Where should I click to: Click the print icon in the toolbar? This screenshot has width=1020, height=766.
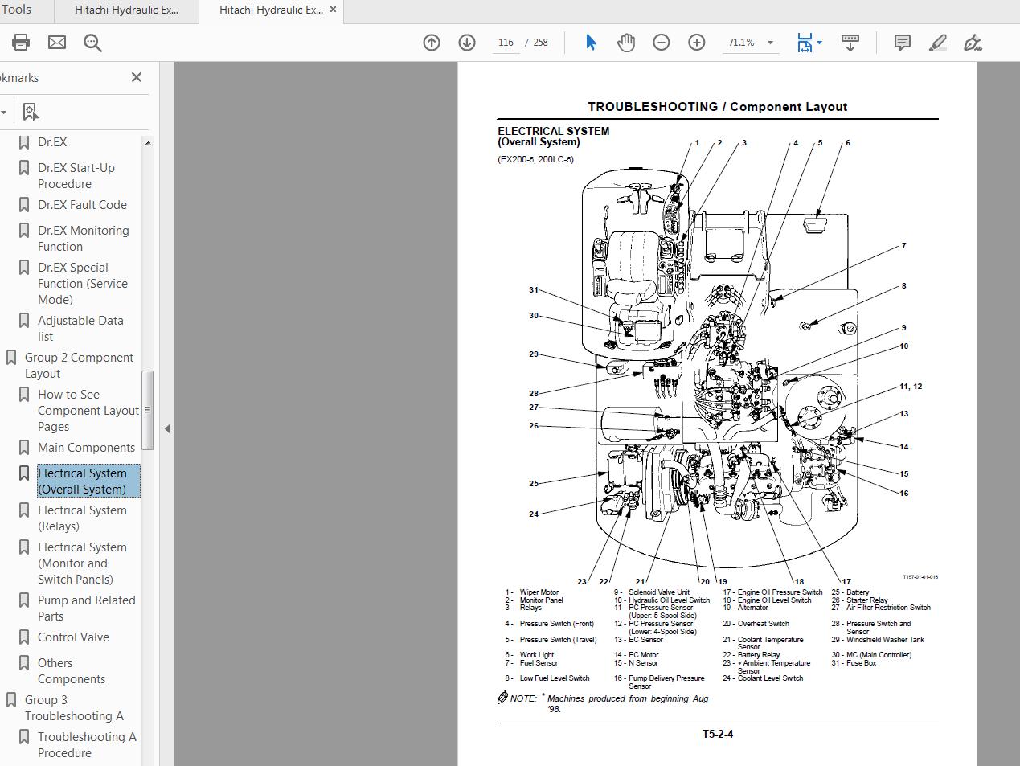tap(21, 43)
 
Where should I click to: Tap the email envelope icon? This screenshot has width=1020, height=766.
tap(57, 43)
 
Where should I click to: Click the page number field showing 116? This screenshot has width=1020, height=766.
tap(506, 43)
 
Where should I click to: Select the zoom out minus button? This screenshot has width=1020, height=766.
tap(661, 43)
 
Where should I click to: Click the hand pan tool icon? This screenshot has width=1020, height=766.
tap(626, 43)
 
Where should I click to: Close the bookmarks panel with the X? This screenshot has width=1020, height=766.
tap(137, 77)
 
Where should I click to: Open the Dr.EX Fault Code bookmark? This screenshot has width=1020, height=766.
tap(82, 205)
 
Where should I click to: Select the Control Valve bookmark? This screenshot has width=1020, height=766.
tap(73, 637)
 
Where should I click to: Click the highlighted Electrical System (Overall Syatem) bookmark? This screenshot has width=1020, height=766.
tap(82, 481)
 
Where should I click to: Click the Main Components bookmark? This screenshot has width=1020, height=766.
tap(86, 448)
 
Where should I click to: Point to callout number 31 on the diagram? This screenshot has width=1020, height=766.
tap(534, 290)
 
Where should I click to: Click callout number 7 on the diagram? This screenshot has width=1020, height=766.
tap(903, 246)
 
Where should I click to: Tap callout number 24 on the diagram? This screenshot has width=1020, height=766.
tap(534, 514)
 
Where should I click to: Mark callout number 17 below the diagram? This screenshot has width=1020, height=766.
tap(846, 581)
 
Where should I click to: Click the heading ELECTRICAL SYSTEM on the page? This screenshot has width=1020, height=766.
tap(553, 131)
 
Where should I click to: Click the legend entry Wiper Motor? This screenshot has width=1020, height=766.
tap(539, 592)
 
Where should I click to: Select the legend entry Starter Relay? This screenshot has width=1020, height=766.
tap(866, 600)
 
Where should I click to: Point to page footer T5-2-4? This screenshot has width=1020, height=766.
tap(717, 734)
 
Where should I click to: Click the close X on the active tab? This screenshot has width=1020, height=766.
tap(334, 10)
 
